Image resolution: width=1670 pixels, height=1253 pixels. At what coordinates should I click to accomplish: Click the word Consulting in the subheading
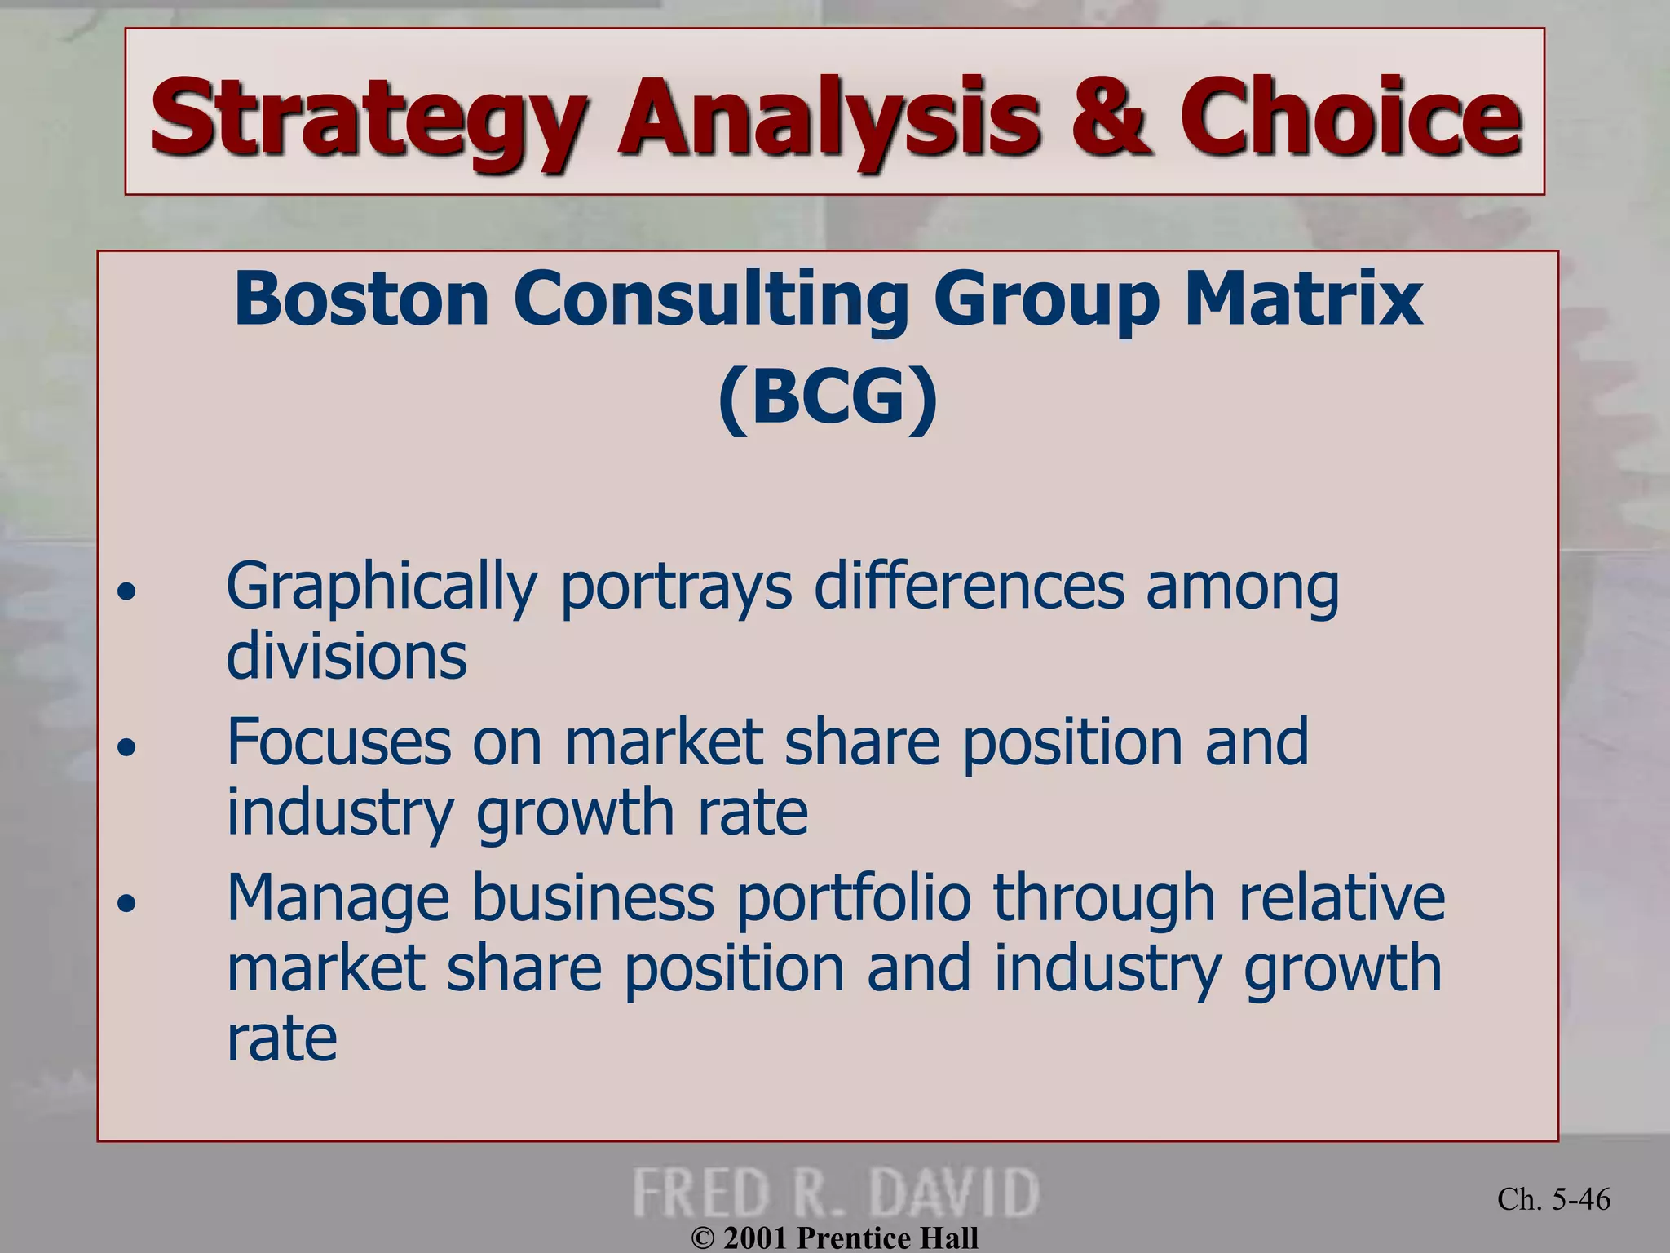click(x=710, y=300)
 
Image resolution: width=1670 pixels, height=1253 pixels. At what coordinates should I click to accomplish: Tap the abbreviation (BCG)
click(x=828, y=397)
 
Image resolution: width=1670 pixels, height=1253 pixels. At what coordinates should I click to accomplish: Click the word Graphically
click(x=382, y=587)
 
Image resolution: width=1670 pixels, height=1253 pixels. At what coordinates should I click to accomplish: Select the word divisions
click(x=347, y=656)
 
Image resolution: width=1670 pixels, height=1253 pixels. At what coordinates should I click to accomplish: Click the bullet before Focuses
click(x=126, y=746)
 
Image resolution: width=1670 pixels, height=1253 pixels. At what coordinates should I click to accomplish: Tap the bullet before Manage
click(x=126, y=902)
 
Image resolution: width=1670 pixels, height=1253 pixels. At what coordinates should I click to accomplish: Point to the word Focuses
click(x=338, y=742)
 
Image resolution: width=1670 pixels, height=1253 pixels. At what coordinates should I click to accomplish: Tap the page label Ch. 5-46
click(x=1553, y=1199)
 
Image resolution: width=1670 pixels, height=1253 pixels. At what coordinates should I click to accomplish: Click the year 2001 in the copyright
click(x=755, y=1238)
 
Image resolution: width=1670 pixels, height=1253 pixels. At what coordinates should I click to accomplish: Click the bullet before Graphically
click(x=126, y=591)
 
